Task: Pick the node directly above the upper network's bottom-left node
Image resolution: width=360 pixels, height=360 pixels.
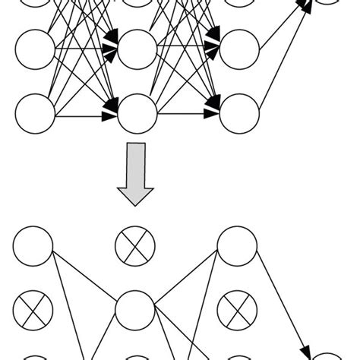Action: (x=35, y=50)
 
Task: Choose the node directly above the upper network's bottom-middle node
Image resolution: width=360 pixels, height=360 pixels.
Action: (x=137, y=50)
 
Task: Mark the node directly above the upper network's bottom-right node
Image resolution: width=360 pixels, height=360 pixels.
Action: (x=238, y=50)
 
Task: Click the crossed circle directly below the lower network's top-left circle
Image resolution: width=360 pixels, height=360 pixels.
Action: (x=33, y=310)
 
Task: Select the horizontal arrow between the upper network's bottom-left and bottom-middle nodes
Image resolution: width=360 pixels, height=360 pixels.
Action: (x=84, y=118)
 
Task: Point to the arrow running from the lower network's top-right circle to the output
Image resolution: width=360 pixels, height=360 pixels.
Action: (x=285, y=304)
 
